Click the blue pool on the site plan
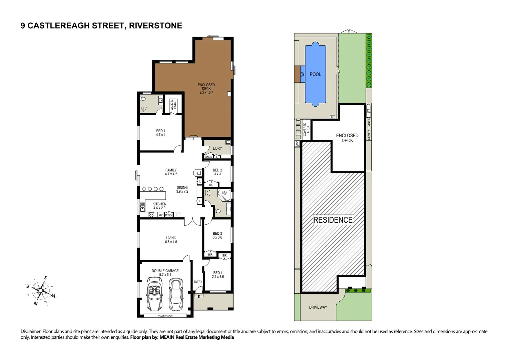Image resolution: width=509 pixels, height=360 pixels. pos(315,74)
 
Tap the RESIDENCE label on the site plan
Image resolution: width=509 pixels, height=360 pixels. pos(333,220)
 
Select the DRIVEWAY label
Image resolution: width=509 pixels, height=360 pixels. pos(318,307)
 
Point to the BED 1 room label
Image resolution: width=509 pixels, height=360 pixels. pos(160,133)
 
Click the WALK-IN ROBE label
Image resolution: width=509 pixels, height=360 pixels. pos(173,105)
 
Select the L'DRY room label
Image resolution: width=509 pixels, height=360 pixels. pos(217,148)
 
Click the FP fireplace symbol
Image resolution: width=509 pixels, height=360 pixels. pos(198,173)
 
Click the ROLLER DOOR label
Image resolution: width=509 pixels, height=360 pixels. pos(165,315)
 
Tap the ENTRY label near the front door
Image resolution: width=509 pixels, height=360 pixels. pos(198,282)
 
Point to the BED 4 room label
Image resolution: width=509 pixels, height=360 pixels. pos(217,275)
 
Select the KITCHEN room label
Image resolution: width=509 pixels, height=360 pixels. pos(159,206)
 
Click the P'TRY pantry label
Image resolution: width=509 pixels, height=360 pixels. pos(169,215)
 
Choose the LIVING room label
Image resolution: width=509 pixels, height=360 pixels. pos(171,240)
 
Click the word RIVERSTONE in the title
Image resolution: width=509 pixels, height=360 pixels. pos(155,26)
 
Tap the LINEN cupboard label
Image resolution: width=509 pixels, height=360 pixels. pos(208,157)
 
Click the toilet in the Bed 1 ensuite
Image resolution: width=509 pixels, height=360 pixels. pos(143,99)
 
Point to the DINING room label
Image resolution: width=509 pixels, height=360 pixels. pos(182,189)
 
